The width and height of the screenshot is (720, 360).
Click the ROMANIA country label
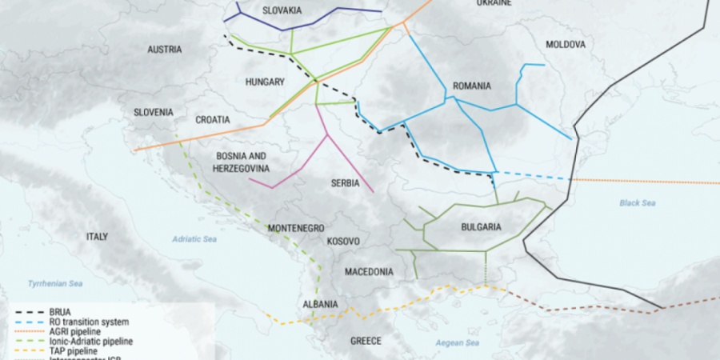(471, 86)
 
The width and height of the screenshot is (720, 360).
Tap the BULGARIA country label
(481, 227)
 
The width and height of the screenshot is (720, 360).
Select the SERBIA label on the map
(345, 183)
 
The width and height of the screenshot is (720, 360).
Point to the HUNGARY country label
(265, 82)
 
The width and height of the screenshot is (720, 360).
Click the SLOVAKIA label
(282, 10)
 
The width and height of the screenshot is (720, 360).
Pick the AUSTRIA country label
(165, 50)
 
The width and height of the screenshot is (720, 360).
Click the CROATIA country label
(213, 119)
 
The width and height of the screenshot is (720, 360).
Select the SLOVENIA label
(154, 113)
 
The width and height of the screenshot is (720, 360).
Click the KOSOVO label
(343, 241)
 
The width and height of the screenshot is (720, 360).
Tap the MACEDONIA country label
(369, 272)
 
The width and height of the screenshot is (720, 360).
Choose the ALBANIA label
(320, 305)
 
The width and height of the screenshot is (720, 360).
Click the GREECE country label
(366, 341)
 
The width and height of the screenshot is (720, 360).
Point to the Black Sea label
(638, 203)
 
